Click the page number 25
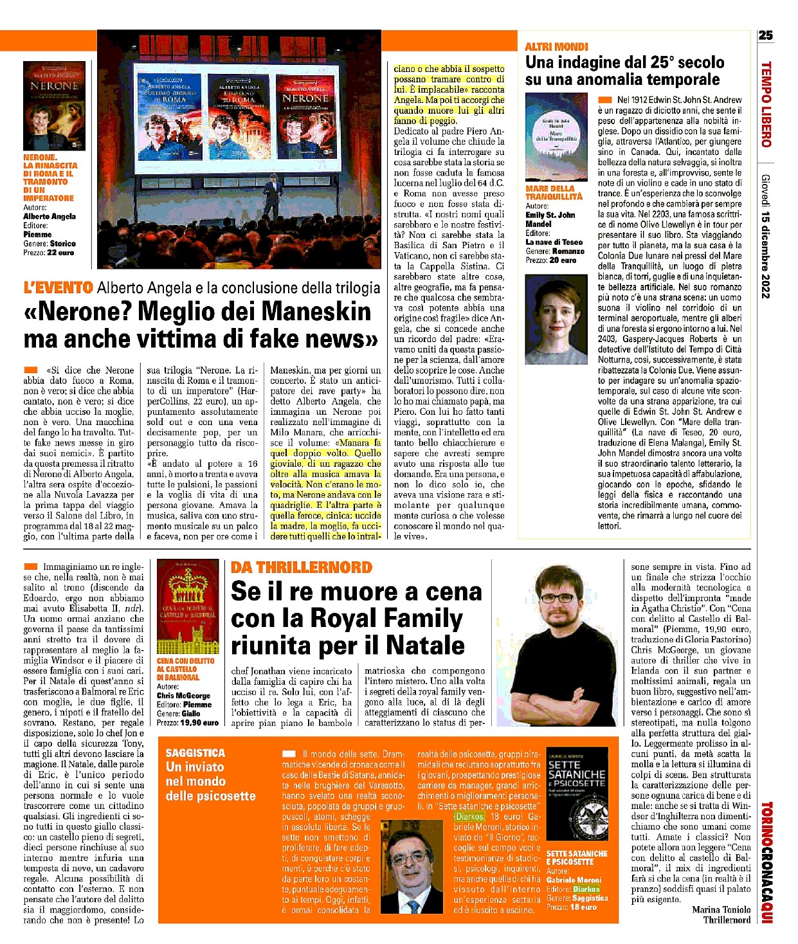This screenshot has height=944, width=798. [x=765, y=35]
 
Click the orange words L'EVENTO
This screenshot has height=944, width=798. [x=59, y=287]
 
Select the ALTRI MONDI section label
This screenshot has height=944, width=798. [x=556, y=46]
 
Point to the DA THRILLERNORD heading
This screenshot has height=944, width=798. [x=301, y=567]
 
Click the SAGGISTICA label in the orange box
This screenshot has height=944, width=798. [x=195, y=752]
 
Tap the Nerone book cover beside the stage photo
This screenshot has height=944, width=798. [x=54, y=105]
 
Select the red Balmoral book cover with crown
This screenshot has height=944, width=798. [x=187, y=606]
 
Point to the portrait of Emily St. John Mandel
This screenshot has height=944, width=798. [x=556, y=310]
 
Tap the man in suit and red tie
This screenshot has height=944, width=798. [x=411, y=865]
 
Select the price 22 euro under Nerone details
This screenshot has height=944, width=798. [x=60, y=253]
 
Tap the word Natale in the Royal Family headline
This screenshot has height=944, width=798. [x=426, y=645]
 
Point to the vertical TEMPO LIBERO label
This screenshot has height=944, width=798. [x=765, y=104]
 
